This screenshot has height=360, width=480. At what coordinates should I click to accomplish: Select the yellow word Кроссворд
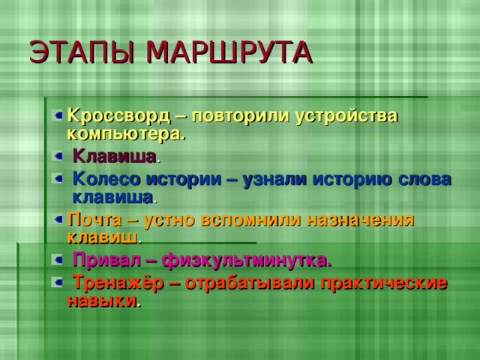(x=118, y=116)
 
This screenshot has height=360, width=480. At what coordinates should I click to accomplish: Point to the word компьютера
(x=125, y=133)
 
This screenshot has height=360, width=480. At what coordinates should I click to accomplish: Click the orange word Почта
(x=91, y=220)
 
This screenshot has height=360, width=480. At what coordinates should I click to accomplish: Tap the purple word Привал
(x=104, y=260)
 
